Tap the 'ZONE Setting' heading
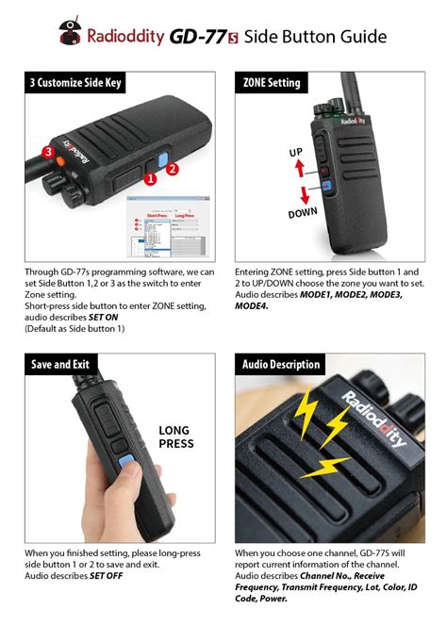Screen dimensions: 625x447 pyautogui.click(x=273, y=83)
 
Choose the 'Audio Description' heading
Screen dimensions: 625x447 pyautogui.click(x=282, y=365)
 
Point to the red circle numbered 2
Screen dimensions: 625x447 pyautogui.click(x=173, y=170)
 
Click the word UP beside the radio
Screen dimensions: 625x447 pyautogui.click(x=295, y=151)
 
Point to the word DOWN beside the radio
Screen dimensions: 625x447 pyautogui.click(x=303, y=215)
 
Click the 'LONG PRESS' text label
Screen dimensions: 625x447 pyautogui.click(x=175, y=436)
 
